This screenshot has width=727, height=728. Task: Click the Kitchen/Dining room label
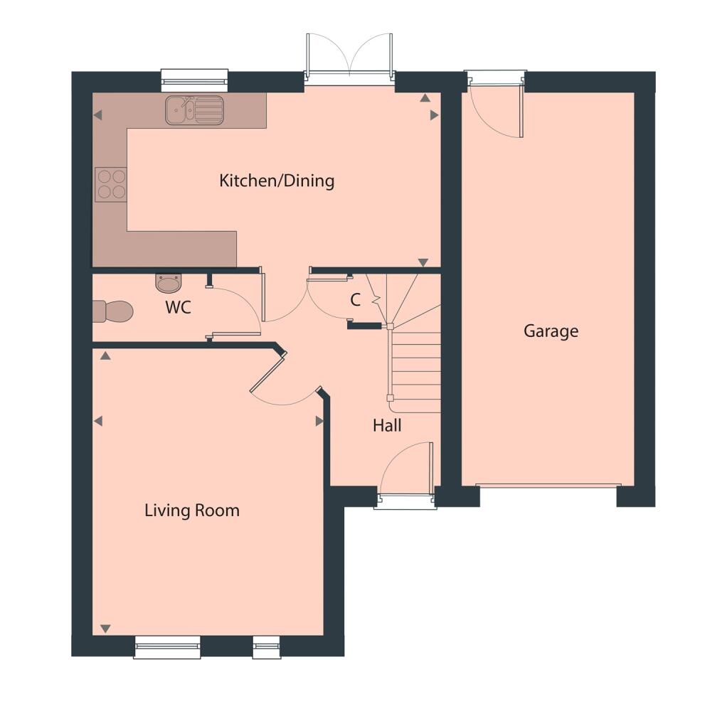pyautogui.click(x=277, y=181)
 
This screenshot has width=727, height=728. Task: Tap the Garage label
pyautogui.click(x=551, y=331)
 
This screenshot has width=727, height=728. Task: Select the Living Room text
pyautogui.click(x=192, y=510)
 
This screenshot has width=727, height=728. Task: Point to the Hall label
pyautogui.click(x=387, y=426)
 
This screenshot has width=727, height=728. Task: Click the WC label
pyautogui.click(x=178, y=309)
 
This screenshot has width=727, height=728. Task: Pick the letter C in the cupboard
pyautogui.click(x=356, y=301)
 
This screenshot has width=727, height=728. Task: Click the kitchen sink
pyautogui.click(x=194, y=110)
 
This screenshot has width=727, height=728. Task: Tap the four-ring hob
pyautogui.click(x=111, y=183)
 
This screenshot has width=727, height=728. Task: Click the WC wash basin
pyautogui.click(x=169, y=283)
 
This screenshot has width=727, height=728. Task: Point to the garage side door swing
pyautogui.click(x=498, y=110)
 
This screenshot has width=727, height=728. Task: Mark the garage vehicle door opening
pyautogui.click(x=546, y=486)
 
